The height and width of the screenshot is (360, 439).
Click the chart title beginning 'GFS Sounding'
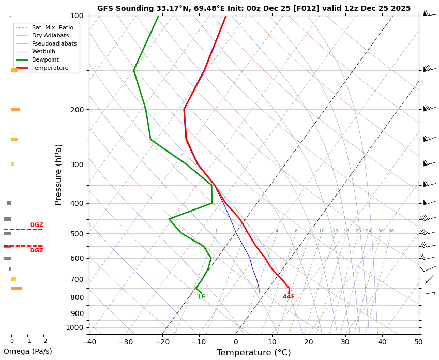point(253,8)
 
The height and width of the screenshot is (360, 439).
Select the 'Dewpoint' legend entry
point(50,59)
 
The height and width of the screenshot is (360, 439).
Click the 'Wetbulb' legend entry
point(47,52)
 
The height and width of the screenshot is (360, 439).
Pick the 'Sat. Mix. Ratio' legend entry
point(52,27)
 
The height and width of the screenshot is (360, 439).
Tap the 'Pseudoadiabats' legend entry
point(54,43)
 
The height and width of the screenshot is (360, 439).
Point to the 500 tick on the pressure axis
point(77,234)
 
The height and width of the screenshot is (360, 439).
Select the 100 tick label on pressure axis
point(77,16)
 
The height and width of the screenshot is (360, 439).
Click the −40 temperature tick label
point(89,341)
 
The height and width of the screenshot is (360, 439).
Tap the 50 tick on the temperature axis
point(419,341)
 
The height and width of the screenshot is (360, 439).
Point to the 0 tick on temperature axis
point(236,341)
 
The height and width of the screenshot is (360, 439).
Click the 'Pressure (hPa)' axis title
point(58,174)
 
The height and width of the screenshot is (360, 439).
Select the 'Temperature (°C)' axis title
point(253,353)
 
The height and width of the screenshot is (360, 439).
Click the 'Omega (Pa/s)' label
point(28,352)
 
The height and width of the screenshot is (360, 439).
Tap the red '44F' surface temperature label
point(289,297)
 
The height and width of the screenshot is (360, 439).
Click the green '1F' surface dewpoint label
point(201,297)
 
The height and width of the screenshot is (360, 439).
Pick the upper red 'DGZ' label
point(36,225)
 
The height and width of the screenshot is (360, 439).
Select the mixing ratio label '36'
point(391,231)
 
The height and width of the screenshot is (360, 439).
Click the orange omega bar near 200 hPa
point(16,109)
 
